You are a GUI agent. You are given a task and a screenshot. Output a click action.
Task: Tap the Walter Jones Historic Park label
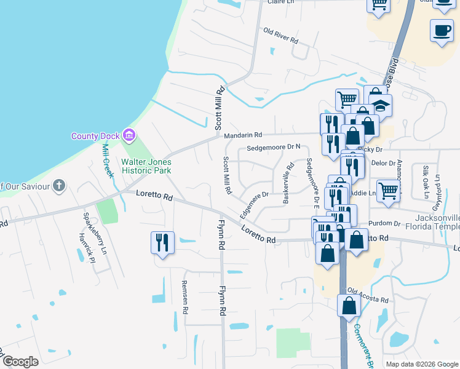[146, 166]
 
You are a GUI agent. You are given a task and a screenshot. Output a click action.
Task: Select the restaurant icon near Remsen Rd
[163, 242]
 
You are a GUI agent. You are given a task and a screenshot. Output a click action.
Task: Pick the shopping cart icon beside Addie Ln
[389, 189]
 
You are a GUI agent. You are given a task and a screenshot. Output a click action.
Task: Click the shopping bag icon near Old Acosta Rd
[349, 306]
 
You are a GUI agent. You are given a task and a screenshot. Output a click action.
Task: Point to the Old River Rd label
[280, 36]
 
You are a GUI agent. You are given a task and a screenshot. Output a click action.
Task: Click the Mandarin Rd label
[243, 135]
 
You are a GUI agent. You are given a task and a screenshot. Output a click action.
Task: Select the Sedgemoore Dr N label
[274, 148]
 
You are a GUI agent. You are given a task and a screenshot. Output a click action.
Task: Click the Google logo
[20, 362]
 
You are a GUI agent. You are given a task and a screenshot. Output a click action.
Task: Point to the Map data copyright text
[421, 364]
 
